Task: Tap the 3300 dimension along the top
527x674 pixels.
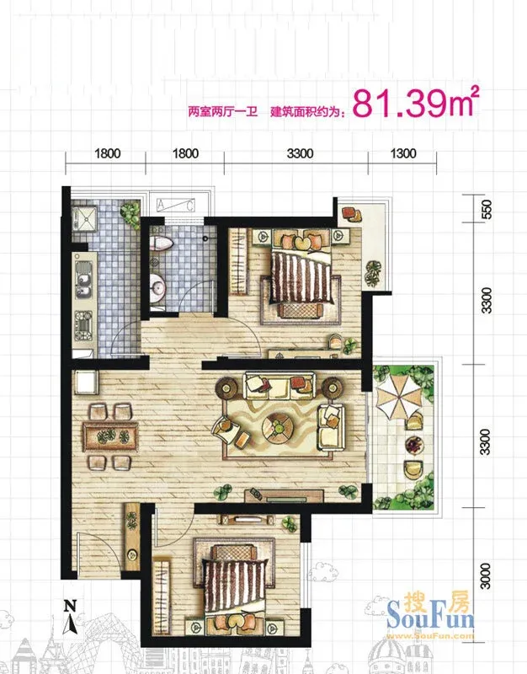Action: pyautogui.click(x=301, y=153)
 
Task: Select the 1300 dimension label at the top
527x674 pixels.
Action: pyautogui.click(x=403, y=153)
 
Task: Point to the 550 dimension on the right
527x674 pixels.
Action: pyautogui.click(x=486, y=209)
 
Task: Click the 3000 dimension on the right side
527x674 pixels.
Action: pyautogui.click(x=485, y=576)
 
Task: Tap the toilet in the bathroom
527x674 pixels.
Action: pyautogui.click(x=161, y=243)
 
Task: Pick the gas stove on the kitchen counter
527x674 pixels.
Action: pyautogui.click(x=83, y=326)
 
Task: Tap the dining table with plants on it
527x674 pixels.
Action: pyautogui.click(x=111, y=436)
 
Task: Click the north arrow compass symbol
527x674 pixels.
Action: pyautogui.click(x=70, y=617)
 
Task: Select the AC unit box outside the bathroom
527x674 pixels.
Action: pyautogui.click(x=176, y=205)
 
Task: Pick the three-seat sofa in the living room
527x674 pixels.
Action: pyautogui.click(x=279, y=386)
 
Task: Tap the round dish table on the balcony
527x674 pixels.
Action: pyautogui.click(x=414, y=444)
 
